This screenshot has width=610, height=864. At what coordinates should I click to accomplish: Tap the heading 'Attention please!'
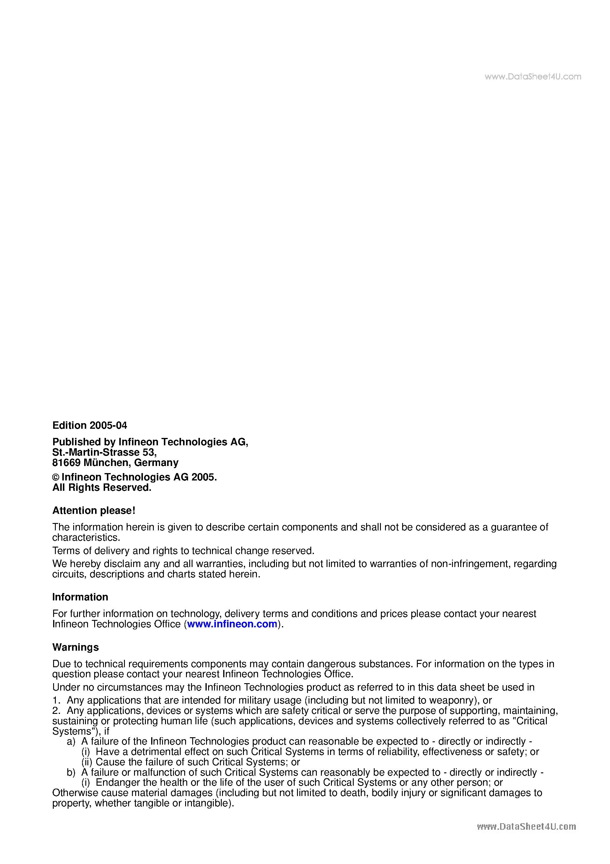(94, 510)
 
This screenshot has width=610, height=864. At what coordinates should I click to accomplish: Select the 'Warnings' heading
(76, 647)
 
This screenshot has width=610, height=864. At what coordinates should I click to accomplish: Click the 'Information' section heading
(80, 597)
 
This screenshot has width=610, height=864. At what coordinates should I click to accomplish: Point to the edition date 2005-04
(108, 425)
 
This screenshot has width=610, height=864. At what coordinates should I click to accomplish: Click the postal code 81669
(66, 462)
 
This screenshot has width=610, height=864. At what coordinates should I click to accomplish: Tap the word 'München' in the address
(106, 462)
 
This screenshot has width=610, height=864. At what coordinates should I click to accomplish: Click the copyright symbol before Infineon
(56, 478)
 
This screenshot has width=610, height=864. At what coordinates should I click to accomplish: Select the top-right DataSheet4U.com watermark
(533, 77)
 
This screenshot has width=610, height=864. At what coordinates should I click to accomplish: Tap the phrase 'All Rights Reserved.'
(102, 488)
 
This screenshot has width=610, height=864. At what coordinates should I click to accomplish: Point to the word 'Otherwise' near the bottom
(75, 793)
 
